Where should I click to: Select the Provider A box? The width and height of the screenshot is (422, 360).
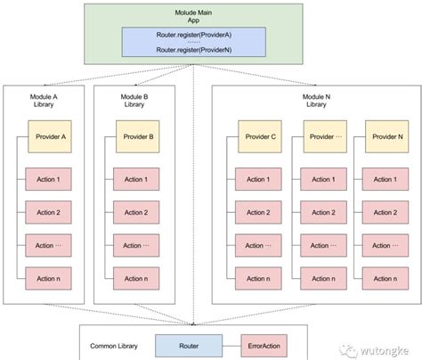point(51,137)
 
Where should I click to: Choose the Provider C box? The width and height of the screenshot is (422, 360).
point(261,137)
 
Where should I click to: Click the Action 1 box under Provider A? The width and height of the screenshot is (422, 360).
point(49,181)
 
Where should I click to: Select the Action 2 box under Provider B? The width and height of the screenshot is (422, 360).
point(136,213)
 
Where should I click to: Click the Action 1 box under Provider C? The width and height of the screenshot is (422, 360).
point(258,181)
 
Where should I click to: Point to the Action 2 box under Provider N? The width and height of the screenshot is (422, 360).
point(384,213)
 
